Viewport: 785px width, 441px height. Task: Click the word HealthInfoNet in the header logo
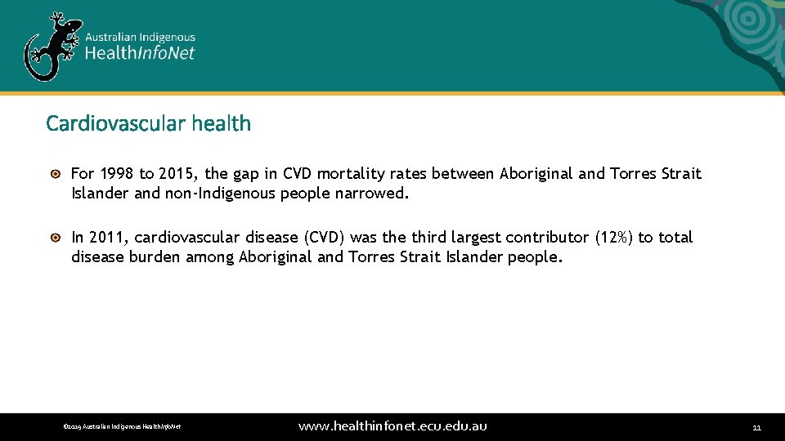tap(141, 54)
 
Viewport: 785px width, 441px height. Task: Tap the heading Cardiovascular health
tap(148, 123)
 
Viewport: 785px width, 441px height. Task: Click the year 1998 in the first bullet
tap(117, 173)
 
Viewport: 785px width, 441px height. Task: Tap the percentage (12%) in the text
tap(614, 237)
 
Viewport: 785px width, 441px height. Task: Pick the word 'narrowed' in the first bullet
tap(374, 194)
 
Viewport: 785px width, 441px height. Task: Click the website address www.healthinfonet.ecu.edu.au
tap(392, 426)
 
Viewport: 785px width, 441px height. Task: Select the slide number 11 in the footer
tap(756, 427)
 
